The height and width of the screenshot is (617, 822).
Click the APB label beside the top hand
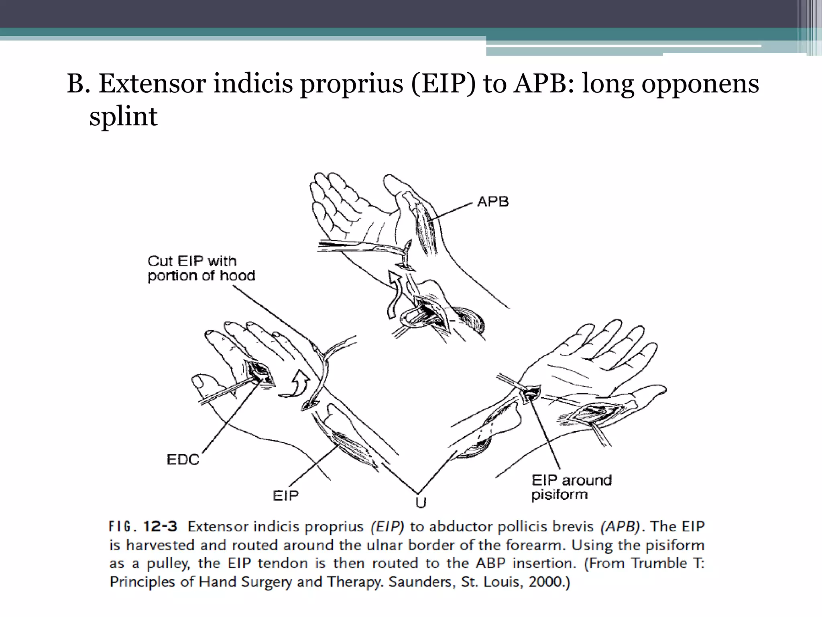(492, 201)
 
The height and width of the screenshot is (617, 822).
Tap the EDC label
(183, 459)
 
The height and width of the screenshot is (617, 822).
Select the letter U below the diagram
(421, 503)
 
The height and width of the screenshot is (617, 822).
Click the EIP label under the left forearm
(286, 496)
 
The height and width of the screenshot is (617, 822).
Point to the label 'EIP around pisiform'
(571, 487)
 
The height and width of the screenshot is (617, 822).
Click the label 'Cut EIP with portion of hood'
(201, 268)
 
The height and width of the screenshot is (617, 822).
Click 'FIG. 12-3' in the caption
(143, 526)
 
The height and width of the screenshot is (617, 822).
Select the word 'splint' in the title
(123, 116)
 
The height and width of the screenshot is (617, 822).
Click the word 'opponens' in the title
(700, 84)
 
